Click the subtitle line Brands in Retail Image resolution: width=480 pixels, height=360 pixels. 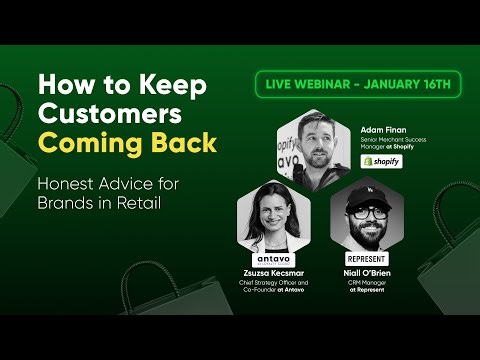100,203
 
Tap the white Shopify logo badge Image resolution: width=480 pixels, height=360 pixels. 381,161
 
